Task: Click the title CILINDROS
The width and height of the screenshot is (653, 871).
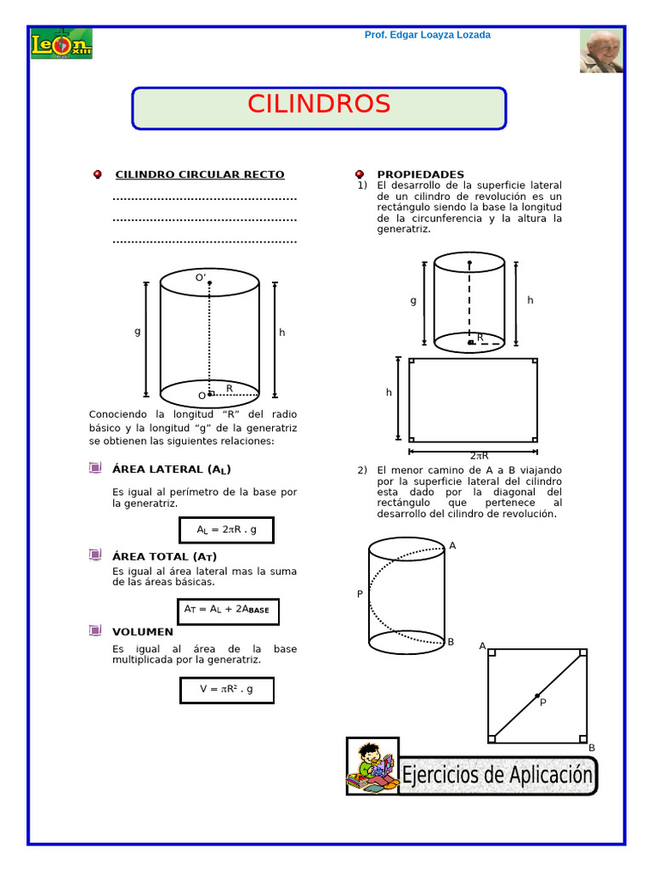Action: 319,104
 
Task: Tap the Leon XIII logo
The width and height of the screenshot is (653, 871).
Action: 61,44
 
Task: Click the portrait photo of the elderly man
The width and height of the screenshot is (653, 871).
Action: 601,51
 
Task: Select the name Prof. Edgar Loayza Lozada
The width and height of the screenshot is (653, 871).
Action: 427,35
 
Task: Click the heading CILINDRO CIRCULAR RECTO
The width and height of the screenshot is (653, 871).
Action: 200,174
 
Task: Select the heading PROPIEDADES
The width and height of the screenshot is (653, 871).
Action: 420,174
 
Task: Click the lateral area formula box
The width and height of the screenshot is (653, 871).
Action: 226,529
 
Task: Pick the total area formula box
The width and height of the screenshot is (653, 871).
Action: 228,610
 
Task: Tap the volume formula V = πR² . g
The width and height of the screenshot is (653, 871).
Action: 226,689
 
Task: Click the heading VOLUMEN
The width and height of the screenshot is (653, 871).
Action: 142,632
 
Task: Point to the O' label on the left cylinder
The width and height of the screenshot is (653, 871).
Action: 201,277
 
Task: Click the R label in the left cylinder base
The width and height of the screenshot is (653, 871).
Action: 229,389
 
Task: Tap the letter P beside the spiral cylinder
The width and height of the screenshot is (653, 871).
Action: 360,595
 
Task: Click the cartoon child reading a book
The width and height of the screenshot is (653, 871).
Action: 372,766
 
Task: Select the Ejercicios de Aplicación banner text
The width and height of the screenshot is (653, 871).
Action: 497,775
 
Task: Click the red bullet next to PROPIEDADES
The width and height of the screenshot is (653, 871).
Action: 360,174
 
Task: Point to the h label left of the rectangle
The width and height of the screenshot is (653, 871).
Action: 389,392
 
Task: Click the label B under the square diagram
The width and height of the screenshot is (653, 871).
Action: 592,748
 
